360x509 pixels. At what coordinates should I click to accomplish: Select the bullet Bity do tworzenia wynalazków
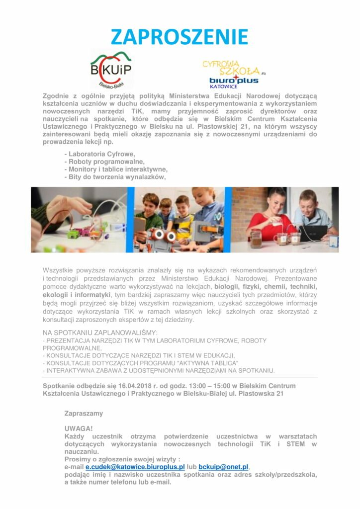tap(117, 176)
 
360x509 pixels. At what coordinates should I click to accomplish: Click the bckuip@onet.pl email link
tap(223, 467)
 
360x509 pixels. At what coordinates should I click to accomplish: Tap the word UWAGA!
tap(79, 428)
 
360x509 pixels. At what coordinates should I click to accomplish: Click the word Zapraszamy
tap(84, 413)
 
